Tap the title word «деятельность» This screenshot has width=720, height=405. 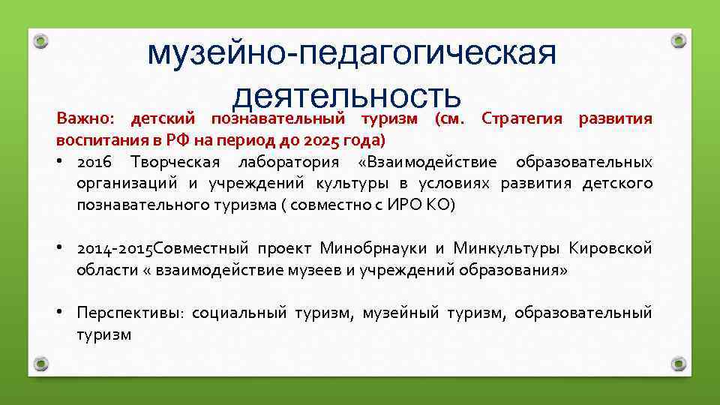pos(346,97)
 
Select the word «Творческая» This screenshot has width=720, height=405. pos(174,163)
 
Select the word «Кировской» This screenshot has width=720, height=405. pos(610,249)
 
